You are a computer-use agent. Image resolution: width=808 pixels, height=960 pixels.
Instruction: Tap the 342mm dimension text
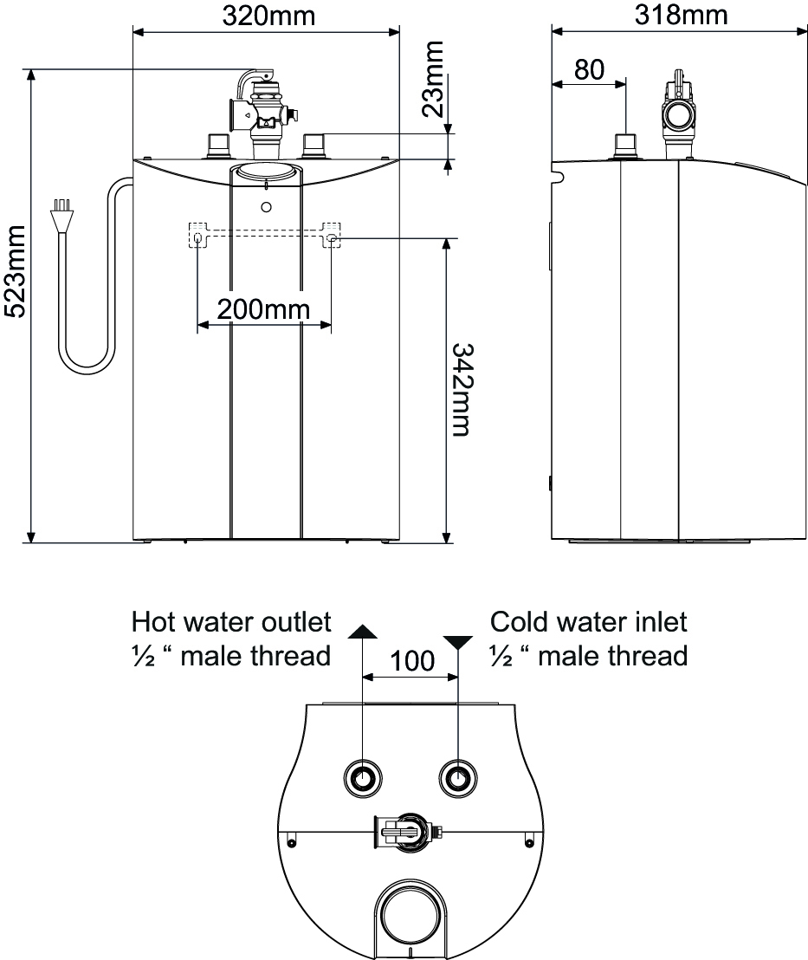[463, 390]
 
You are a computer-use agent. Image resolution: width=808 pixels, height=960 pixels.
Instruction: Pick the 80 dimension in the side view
[589, 69]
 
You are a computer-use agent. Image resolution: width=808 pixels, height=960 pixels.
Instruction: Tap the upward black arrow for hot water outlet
[361, 630]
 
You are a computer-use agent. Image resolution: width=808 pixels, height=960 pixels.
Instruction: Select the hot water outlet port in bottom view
[361, 777]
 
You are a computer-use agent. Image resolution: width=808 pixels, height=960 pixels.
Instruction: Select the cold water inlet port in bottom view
[456, 777]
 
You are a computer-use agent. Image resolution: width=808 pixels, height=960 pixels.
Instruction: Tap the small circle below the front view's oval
[266, 208]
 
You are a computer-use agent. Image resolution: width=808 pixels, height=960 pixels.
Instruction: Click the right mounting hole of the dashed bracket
[332, 237]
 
